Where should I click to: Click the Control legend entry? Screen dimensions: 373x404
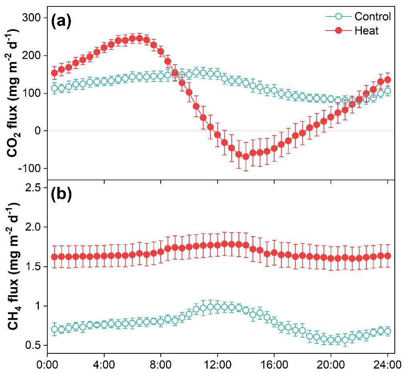pos(372,16)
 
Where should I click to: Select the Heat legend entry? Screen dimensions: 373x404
pos(366,30)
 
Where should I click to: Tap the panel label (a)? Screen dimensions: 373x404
pos(61,22)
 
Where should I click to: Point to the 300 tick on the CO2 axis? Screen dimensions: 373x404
pos(31,18)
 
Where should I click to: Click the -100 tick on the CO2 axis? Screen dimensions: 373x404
pos(29,168)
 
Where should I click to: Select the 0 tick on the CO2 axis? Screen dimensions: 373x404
pos(38,131)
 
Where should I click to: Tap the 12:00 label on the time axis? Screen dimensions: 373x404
pos(217,365)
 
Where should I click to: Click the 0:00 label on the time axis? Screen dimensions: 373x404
pos(48,365)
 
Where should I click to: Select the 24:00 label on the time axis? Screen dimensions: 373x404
pos(387,365)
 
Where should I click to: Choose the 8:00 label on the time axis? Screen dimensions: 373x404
pos(161,365)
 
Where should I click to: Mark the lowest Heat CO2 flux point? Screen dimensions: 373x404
pos(246,156)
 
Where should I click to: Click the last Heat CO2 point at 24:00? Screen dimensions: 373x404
pos(388,80)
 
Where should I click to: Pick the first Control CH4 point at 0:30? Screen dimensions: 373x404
pos(55,329)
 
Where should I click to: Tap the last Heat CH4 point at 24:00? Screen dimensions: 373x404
pos(388,255)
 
